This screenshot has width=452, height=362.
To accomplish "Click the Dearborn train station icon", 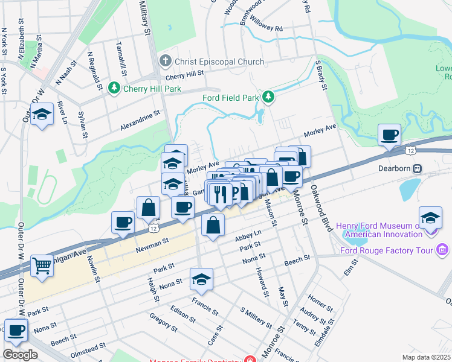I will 416,168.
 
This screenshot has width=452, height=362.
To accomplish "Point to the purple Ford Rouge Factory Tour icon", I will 442,250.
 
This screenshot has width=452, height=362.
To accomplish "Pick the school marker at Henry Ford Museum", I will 430,218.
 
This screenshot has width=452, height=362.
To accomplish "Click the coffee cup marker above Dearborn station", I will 390,134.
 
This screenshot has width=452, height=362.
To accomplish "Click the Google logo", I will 20,354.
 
